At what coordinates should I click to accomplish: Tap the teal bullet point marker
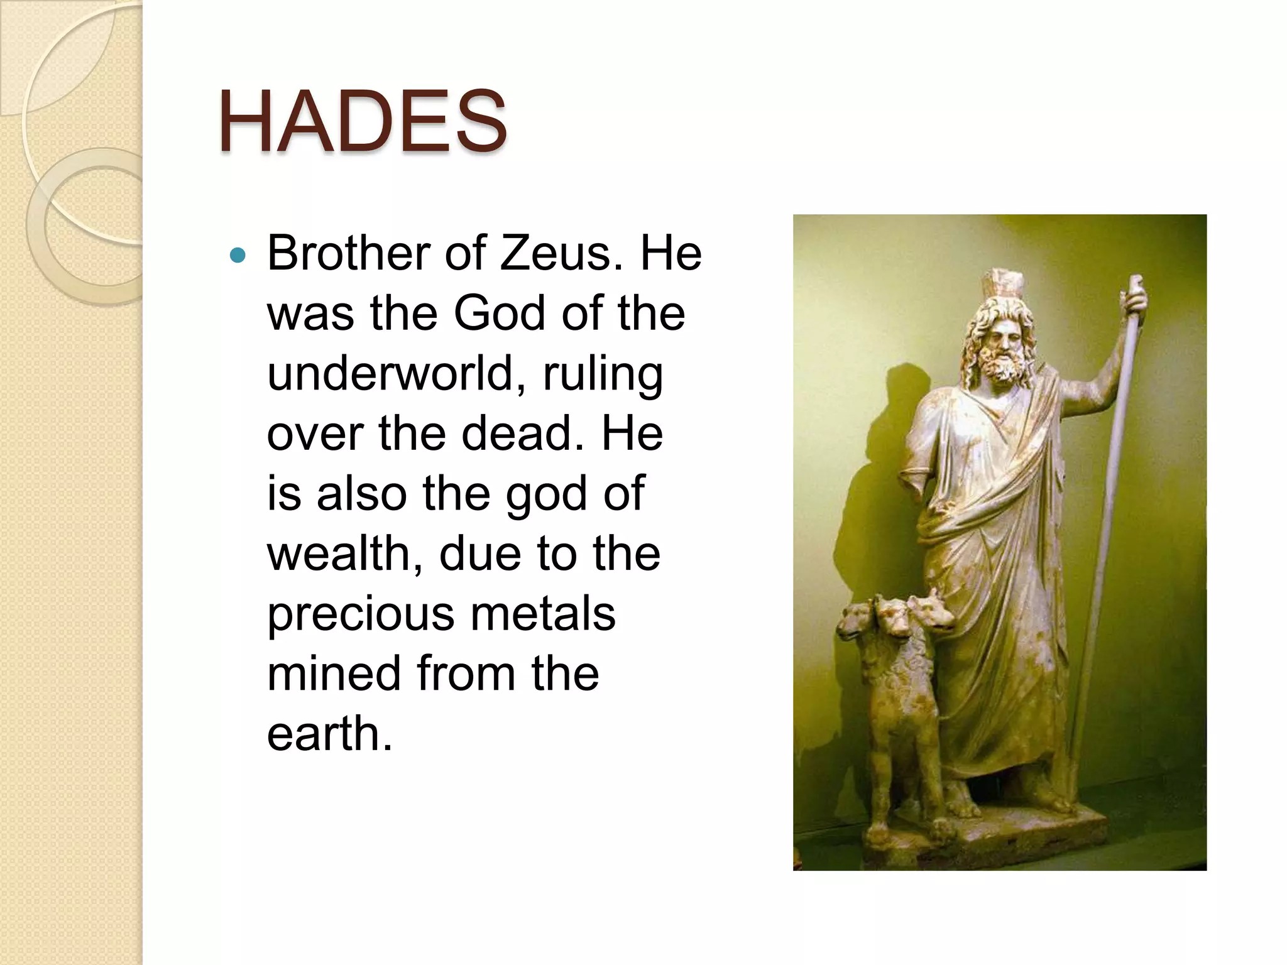[x=238, y=255]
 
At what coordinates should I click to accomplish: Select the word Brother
[x=348, y=253]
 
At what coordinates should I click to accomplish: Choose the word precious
[x=360, y=614]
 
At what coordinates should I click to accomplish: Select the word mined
[x=334, y=673]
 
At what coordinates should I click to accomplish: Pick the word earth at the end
[x=329, y=733]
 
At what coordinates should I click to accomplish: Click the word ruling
[x=602, y=373]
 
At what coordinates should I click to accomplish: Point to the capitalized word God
[x=499, y=313]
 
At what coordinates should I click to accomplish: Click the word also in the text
[x=361, y=494]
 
